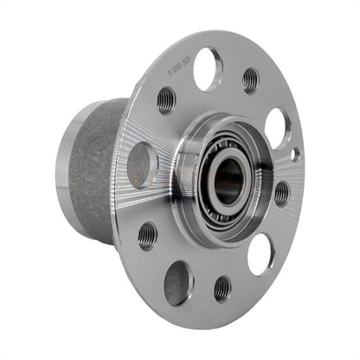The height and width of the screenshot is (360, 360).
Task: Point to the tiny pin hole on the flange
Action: coord(294,154)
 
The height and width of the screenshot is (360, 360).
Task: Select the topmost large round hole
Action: coord(208,68)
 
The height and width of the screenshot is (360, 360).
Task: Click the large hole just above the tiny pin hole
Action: coord(277,126)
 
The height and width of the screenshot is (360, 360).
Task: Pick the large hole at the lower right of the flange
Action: coord(260,254)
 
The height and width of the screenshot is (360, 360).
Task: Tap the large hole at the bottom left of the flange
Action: coord(179,282)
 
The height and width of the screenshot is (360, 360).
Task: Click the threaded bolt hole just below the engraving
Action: coord(166,100)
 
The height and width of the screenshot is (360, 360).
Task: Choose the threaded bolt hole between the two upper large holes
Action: coord(250,80)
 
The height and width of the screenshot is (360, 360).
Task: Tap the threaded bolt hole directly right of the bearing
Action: coord(281,192)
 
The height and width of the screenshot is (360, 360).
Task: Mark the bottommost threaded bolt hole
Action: coord(222,288)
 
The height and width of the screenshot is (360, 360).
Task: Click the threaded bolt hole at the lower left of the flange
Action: coord(148,235)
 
